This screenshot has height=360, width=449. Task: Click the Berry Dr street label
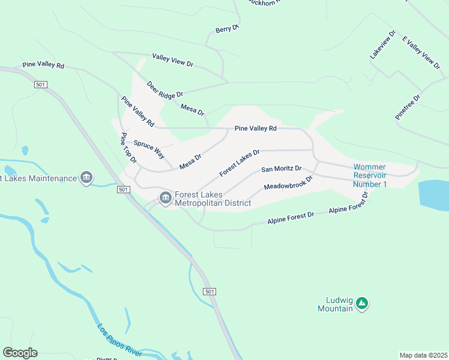tap(228, 28)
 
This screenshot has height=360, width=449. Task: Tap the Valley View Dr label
tap(172, 60)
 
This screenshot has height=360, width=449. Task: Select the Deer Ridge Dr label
tap(164, 90)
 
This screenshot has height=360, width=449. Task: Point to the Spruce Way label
tap(149, 149)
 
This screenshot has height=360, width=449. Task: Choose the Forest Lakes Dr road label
tap(239, 163)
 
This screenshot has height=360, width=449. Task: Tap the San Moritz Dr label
tap(281, 170)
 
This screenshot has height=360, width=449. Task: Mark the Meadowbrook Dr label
tap(289, 183)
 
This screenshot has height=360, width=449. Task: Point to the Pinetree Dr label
tap(408, 107)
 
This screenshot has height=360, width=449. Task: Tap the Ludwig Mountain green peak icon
tap(361, 304)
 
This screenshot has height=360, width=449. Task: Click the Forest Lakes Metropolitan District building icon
tap(165, 197)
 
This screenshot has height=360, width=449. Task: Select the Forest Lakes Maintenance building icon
tap(87, 178)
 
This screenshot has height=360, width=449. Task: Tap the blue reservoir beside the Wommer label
tap(433, 195)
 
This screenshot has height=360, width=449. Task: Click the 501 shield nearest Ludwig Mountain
tap(208, 292)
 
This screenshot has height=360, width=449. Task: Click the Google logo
tap(20, 353)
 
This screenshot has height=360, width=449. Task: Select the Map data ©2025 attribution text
tap(423, 355)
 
